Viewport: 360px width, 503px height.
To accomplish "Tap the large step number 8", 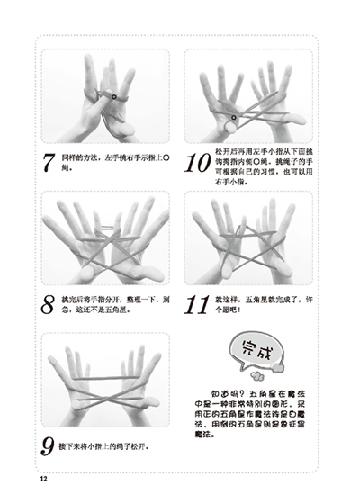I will click(49, 307).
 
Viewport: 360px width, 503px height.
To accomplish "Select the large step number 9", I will click(49, 445).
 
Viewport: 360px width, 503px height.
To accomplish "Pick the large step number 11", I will click(197, 307).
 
